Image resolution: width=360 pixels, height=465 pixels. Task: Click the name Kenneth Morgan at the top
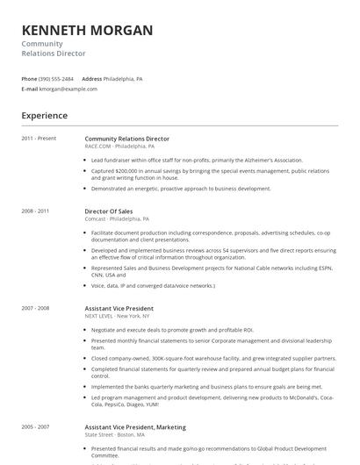[87, 31]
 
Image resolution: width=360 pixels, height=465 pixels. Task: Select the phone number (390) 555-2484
[57, 79]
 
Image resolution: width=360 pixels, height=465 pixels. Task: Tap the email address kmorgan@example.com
[68, 89]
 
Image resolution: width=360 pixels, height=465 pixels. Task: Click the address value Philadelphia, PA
[123, 79]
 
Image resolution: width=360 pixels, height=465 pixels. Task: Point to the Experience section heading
[44, 115]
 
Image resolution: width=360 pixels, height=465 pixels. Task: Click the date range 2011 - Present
[39, 139]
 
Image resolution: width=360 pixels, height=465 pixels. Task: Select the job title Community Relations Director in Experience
[126, 139]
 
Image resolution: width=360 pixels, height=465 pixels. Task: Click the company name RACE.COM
[97, 147]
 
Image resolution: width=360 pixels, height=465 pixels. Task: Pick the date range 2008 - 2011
[35, 211]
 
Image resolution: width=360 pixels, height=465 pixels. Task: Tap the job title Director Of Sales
[109, 211]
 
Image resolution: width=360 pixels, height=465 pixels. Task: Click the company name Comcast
[96, 219]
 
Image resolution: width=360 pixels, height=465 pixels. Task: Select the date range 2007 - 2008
[35, 308]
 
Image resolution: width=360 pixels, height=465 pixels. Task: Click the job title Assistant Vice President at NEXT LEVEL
[119, 308]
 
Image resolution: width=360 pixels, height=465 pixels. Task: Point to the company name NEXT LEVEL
[99, 316]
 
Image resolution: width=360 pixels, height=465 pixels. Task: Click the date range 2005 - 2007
[35, 426]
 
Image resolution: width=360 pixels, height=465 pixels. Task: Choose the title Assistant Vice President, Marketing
[134, 426]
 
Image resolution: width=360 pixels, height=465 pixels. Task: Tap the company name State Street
[98, 434]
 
